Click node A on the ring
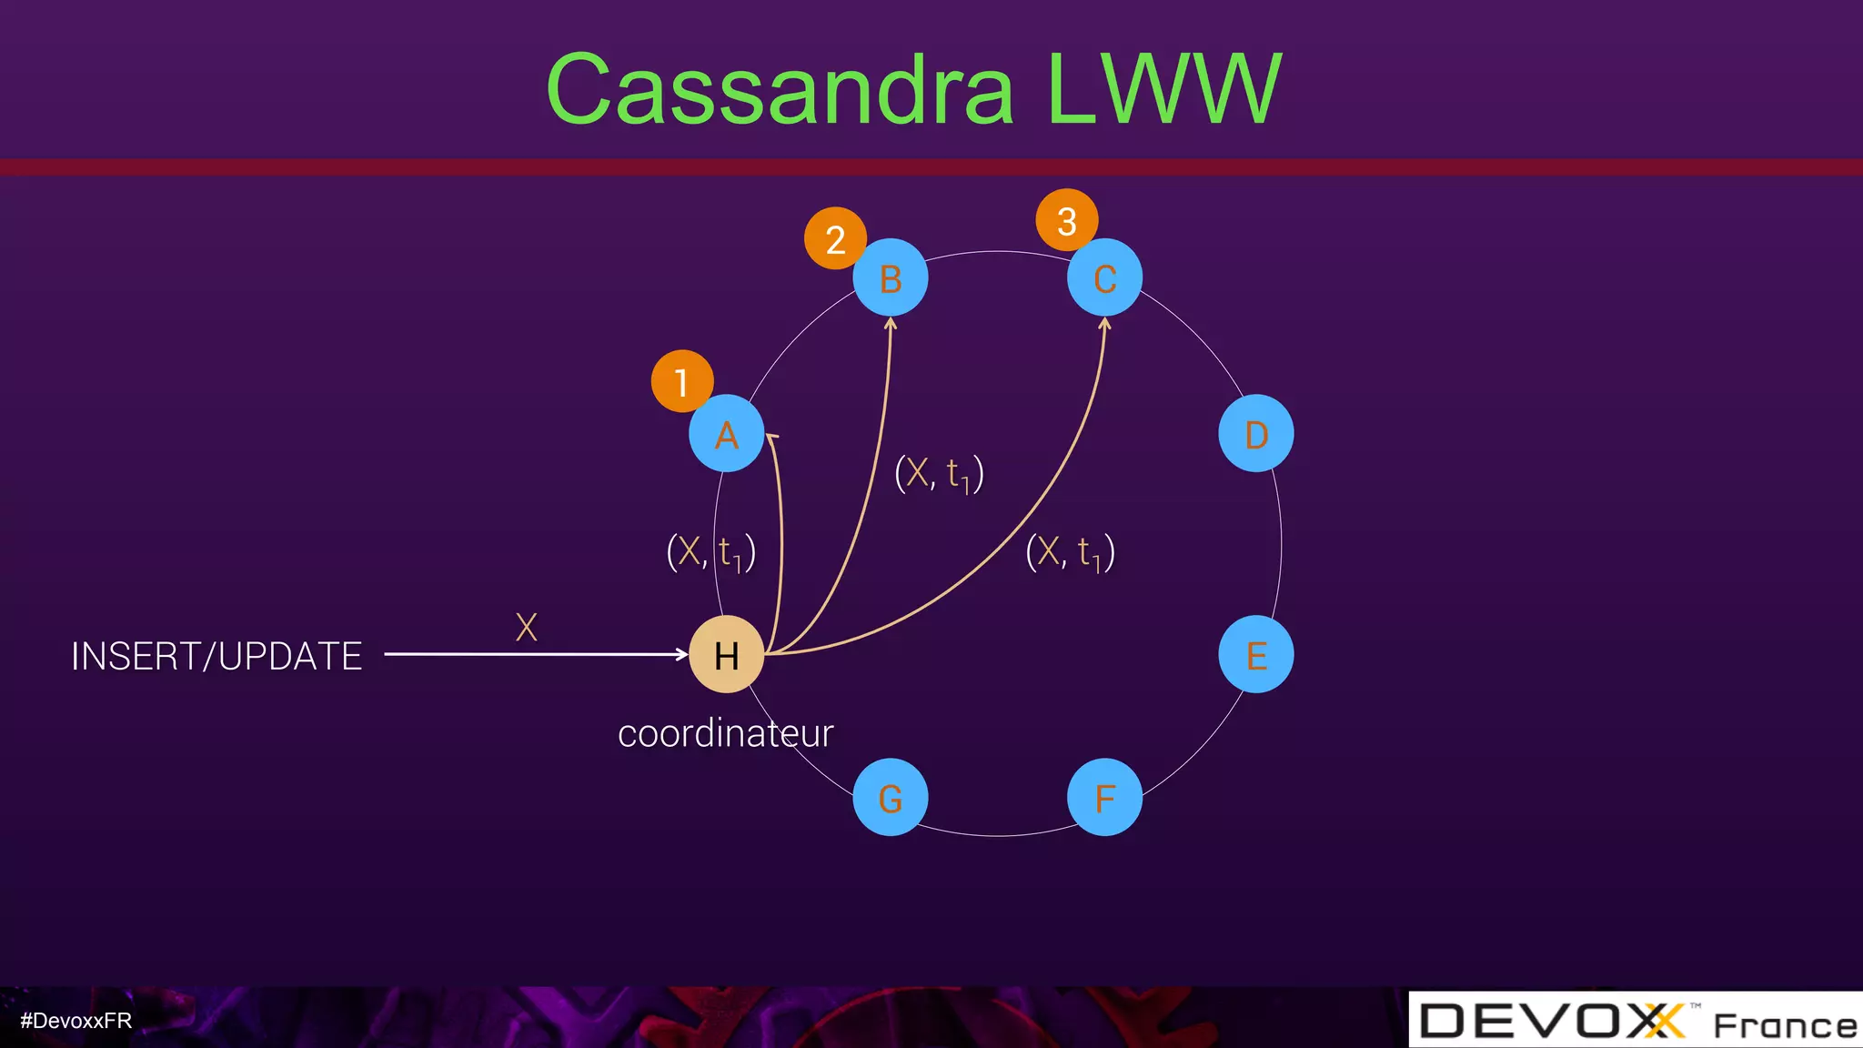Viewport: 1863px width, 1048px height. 726,434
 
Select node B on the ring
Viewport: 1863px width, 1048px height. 891,277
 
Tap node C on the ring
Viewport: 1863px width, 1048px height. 1104,277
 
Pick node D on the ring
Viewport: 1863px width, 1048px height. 1255,434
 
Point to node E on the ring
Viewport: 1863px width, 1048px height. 1255,654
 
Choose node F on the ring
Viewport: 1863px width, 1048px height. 1104,798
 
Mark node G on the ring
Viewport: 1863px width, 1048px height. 891,798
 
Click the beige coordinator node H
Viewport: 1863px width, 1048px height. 726,654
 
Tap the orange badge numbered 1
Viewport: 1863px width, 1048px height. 681,381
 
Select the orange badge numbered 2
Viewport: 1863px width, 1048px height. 835,238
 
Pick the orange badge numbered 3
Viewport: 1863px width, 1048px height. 1067,220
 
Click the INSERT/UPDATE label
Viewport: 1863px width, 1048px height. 217,656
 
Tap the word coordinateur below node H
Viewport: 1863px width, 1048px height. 725,733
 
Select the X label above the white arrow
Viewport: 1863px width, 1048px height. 526,627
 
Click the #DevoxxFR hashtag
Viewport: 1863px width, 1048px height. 76,1021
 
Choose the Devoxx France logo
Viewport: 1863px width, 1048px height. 1636,1021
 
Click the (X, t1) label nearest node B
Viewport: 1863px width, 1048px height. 939,474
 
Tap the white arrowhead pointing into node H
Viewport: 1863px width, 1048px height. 682,654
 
